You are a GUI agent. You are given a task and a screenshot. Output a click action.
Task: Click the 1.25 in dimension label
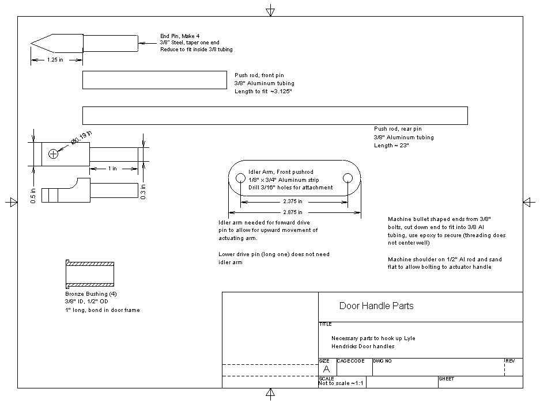55,60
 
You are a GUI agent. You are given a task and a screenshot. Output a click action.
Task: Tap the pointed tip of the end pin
32,44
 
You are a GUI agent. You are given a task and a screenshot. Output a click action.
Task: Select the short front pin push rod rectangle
154,80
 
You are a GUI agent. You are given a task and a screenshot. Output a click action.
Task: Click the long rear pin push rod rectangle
275,115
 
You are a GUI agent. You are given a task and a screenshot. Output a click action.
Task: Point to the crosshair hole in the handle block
54,154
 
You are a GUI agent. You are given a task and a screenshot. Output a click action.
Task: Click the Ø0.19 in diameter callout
81,138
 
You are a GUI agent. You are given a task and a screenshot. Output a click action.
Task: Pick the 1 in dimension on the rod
112,169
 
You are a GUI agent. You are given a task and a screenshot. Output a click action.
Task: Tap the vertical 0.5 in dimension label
33,196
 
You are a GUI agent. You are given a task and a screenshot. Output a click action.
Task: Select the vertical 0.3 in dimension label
144,192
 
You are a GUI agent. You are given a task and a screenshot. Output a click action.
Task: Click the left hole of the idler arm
240,178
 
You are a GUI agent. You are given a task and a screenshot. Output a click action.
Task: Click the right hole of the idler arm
348,178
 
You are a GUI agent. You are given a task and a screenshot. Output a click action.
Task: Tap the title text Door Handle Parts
376,306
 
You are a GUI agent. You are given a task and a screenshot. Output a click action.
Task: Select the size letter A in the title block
327,369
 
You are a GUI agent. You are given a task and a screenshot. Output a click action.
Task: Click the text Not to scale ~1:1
341,383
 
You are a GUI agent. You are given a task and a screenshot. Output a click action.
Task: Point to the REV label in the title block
510,361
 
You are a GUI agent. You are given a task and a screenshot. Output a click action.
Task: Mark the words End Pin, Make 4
180,36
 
